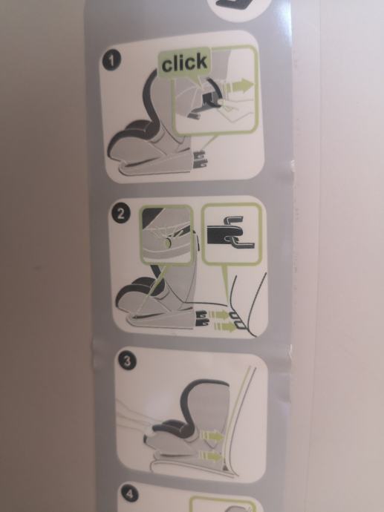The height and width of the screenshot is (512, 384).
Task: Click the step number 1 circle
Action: [x=111, y=60]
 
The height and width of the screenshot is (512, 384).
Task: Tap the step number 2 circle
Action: [x=120, y=214]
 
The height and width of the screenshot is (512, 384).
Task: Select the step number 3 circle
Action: [x=126, y=361]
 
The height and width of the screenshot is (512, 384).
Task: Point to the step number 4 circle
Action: [x=129, y=493]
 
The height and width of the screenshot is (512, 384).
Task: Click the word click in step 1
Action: [x=185, y=62]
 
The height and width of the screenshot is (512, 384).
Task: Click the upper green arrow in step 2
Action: [x=218, y=315]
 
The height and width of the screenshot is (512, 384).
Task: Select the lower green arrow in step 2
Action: [x=224, y=326]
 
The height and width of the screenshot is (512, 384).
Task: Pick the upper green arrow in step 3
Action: [x=212, y=436]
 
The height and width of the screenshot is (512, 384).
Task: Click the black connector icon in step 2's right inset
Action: [x=230, y=232]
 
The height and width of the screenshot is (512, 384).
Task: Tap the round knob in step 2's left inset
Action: [x=168, y=243]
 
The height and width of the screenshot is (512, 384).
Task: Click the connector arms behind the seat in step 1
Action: [x=200, y=160]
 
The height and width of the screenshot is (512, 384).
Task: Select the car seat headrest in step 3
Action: [x=204, y=403]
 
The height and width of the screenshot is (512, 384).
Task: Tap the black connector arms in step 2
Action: [x=203, y=318]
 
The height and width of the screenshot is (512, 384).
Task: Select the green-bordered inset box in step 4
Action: [x=222, y=504]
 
